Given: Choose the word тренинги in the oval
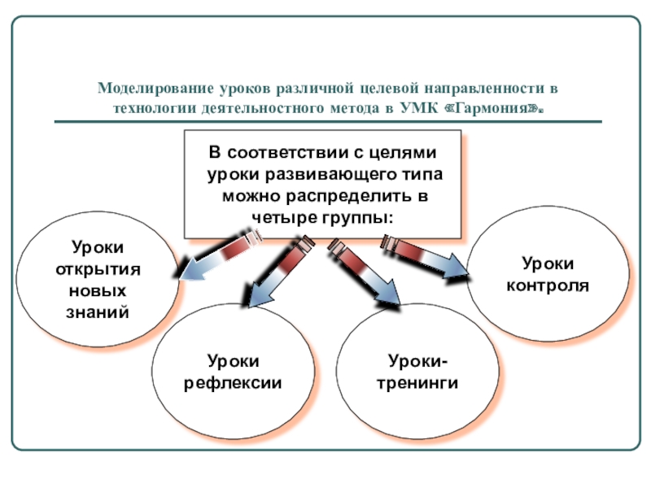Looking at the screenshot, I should point(417,381).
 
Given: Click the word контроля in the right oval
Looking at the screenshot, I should point(548,285).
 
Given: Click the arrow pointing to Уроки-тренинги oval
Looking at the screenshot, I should point(365,274).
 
